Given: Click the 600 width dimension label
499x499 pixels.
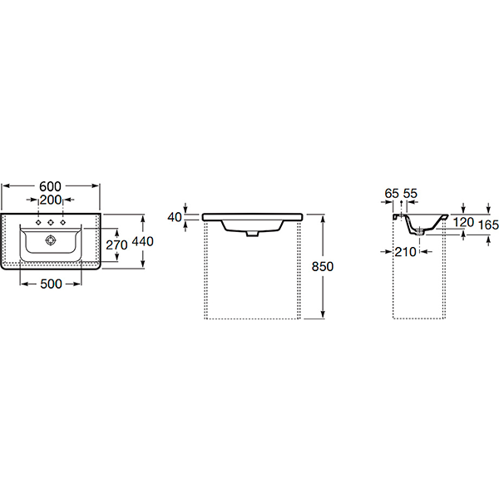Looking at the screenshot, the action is pos(50,186).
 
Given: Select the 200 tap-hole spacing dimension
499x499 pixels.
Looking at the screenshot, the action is pos(51,200).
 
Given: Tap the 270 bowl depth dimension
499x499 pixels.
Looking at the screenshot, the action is pos(116,245).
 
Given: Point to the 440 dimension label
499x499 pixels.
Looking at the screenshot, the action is pos(142,241).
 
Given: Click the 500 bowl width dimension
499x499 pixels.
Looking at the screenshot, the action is pos(51,284).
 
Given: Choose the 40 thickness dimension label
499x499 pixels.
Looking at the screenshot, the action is pos(175,217).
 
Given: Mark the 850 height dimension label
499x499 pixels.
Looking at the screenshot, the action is pos(323,266).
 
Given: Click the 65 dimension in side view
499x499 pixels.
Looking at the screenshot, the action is pos(392,194).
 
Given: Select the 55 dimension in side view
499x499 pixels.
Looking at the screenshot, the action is pos(410,194).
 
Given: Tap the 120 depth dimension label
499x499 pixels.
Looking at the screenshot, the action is pos(463,222).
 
